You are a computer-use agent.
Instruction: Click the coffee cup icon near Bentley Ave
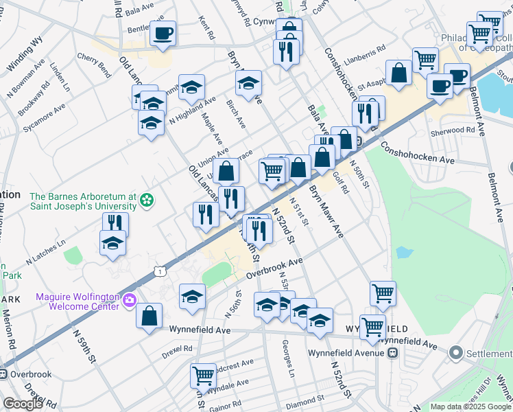(x=163, y=33)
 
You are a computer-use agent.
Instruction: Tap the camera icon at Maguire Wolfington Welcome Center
(x=129, y=299)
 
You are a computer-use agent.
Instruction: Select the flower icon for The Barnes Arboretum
(x=145, y=201)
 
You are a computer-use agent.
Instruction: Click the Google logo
(x=23, y=404)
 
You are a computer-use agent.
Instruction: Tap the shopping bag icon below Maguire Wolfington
(x=149, y=316)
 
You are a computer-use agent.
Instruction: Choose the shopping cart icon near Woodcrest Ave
(x=204, y=375)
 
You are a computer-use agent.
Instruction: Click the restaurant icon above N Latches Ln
(x=115, y=223)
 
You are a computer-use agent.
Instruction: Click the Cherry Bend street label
(x=95, y=63)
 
